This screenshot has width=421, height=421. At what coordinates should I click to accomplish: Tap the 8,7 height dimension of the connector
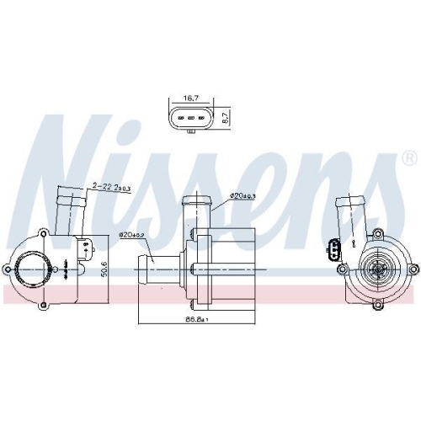point(225,119)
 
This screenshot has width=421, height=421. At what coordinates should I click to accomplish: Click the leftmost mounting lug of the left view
point(8,269)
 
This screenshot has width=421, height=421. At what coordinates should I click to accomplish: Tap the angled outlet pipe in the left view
point(70,210)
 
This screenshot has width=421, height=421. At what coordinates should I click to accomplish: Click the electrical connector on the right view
point(335,250)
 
